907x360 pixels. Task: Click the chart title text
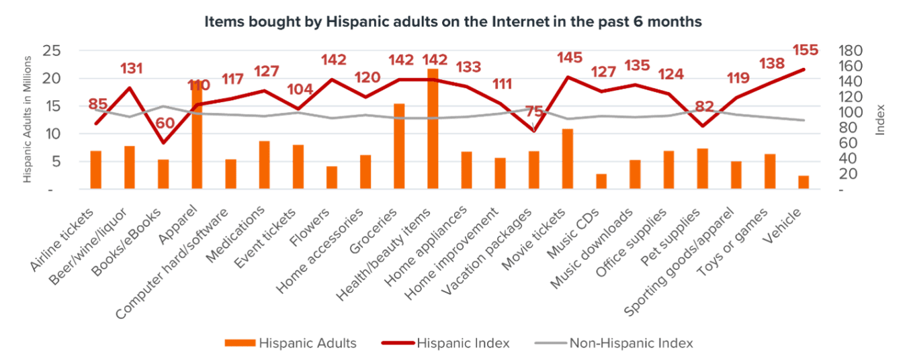coord(453,22)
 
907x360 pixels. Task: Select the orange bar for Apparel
coord(197,141)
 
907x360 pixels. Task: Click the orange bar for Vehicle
coord(804,183)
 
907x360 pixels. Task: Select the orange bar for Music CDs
coord(601,181)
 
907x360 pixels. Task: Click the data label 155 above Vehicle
coord(804,51)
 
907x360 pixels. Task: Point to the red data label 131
coord(132,69)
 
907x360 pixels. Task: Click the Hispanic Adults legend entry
coord(290,343)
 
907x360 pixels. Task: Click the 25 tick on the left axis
coord(52,51)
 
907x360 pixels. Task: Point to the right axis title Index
coord(881,120)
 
